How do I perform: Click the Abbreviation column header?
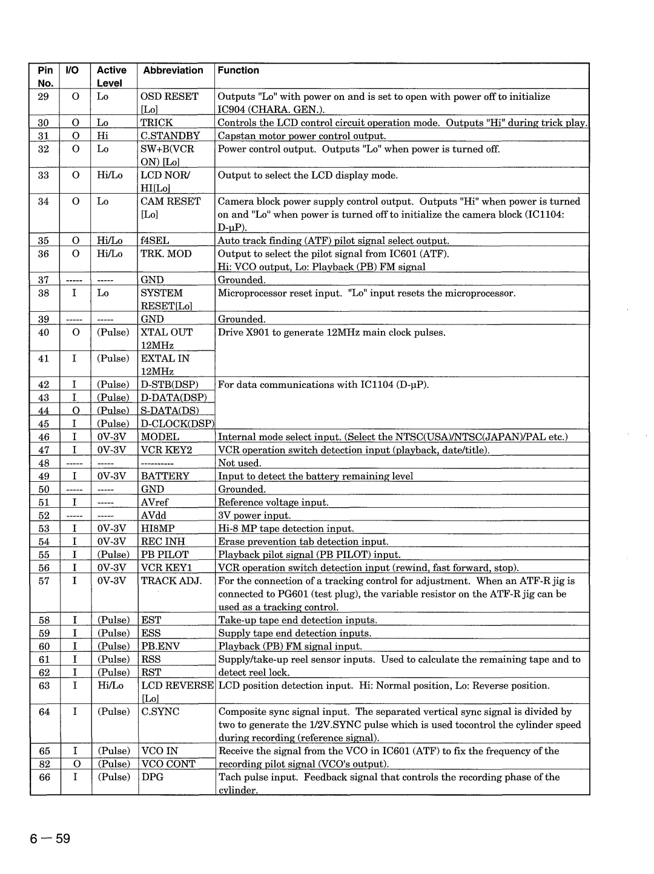(x=173, y=70)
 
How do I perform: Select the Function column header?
(x=239, y=70)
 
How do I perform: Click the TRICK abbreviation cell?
(x=157, y=123)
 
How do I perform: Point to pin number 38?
(x=44, y=294)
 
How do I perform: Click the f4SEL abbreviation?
(x=155, y=241)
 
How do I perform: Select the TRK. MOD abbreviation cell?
(x=166, y=254)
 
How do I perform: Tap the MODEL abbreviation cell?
(x=160, y=437)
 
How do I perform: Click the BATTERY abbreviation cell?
(x=165, y=476)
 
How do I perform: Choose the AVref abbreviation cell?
(x=155, y=502)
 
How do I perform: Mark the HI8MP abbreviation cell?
(x=157, y=528)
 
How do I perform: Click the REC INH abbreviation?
(x=163, y=542)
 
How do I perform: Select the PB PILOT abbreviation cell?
(x=165, y=555)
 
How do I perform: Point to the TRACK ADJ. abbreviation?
(x=171, y=581)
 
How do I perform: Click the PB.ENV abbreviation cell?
(x=160, y=646)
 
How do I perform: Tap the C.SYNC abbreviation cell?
(x=160, y=712)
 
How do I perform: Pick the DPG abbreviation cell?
(x=152, y=777)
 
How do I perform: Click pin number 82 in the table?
(x=44, y=764)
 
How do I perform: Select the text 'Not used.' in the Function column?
(x=240, y=464)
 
